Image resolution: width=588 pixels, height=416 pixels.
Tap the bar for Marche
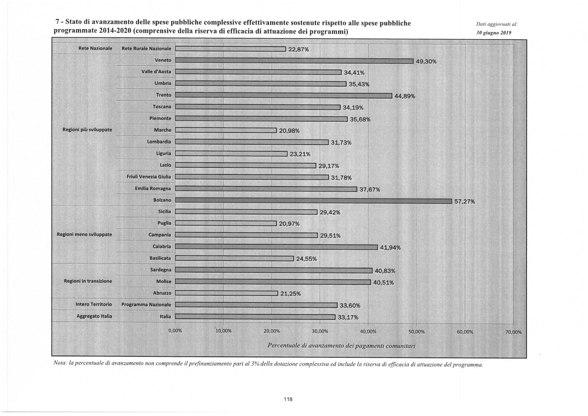226,130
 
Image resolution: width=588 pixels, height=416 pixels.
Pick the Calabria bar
276,247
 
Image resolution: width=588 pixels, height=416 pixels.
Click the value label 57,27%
465,202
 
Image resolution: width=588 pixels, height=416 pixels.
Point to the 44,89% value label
405,96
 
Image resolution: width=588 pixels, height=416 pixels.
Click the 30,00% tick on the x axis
320,331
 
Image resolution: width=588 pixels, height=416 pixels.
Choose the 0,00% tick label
175,331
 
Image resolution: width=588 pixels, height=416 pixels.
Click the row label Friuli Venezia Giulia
149,177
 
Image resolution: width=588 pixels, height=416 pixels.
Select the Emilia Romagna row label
153,189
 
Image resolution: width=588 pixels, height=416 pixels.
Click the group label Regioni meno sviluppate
84,235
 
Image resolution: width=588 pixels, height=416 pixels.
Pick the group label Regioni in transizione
88,281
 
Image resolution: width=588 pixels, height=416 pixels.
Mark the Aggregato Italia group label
94,316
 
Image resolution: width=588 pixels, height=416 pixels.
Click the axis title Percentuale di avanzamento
341,346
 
